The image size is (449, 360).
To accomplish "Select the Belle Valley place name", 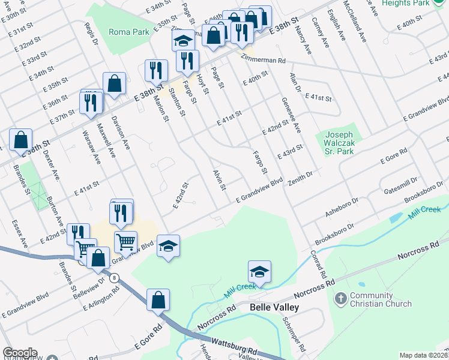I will pos(274,308).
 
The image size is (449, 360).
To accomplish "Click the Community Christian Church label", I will pos(381,300).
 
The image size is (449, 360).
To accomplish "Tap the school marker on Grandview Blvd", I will pos(169,247).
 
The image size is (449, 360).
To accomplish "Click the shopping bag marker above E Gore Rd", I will pos(157,299).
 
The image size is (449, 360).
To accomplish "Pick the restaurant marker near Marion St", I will pos(156,71).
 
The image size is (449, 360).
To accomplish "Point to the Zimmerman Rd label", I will pos(264,61).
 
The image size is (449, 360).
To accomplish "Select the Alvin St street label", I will pos(218,180).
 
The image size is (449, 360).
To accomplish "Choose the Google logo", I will pos(20,353).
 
